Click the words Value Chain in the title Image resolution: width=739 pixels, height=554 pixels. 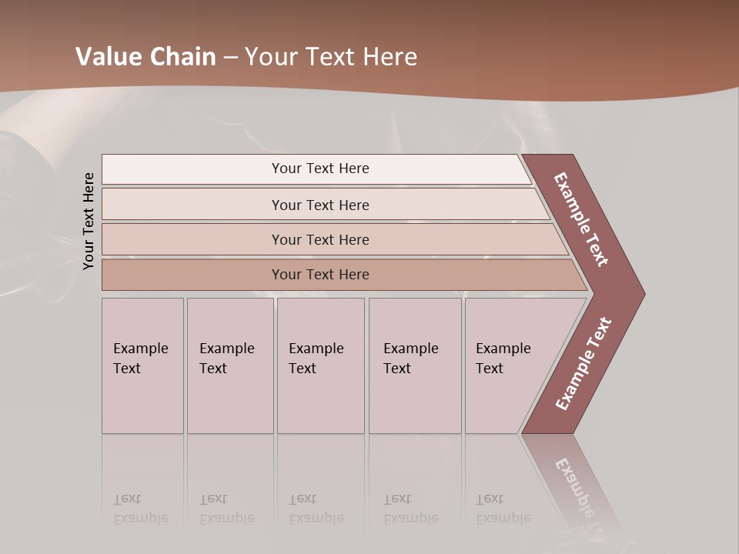click(x=145, y=57)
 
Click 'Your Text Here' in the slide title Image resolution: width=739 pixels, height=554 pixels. click(x=331, y=57)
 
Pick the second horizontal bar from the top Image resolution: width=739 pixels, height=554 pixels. click(x=319, y=205)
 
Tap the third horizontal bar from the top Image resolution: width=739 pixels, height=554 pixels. click(x=319, y=239)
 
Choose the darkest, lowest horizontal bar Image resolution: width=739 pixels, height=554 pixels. click(x=319, y=275)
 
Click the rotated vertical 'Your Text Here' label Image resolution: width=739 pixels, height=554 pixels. click(x=89, y=221)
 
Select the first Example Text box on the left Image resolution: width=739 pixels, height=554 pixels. click(x=142, y=365)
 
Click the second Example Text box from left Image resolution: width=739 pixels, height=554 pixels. click(x=229, y=365)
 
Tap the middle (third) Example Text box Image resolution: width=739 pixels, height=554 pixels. click(x=320, y=365)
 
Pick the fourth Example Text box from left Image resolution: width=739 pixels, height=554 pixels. click(x=414, y=365)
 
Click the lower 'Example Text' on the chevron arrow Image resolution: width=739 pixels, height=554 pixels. click(x=584, y=363)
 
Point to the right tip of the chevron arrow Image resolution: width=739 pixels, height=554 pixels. click(x=643, y=293)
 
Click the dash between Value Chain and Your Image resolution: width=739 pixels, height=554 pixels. click(x=230, y=57)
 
